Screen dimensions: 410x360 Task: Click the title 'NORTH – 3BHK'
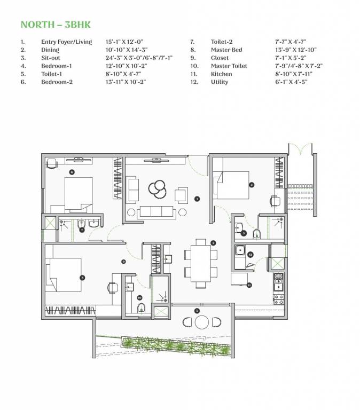pos(51,25)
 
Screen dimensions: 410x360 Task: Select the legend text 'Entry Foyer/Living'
pos(66,42)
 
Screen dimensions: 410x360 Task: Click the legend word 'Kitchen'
pos(221,74)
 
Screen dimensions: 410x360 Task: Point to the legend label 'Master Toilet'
pos(228,66)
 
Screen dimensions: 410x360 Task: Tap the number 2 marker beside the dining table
pos(213,243)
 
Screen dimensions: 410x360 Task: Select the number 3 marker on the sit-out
pos(197,311)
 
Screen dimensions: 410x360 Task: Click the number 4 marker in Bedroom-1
pos(252,185)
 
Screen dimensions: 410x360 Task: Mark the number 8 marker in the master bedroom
pos(82,278)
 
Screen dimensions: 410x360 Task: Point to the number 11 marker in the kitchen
pos(249,286)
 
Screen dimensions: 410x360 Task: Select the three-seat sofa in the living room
pos(156,212)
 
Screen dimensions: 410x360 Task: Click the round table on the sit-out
pos(202,322)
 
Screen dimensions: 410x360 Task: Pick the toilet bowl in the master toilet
pos(142,307)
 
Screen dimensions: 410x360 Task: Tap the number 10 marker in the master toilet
pos(139,297)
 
